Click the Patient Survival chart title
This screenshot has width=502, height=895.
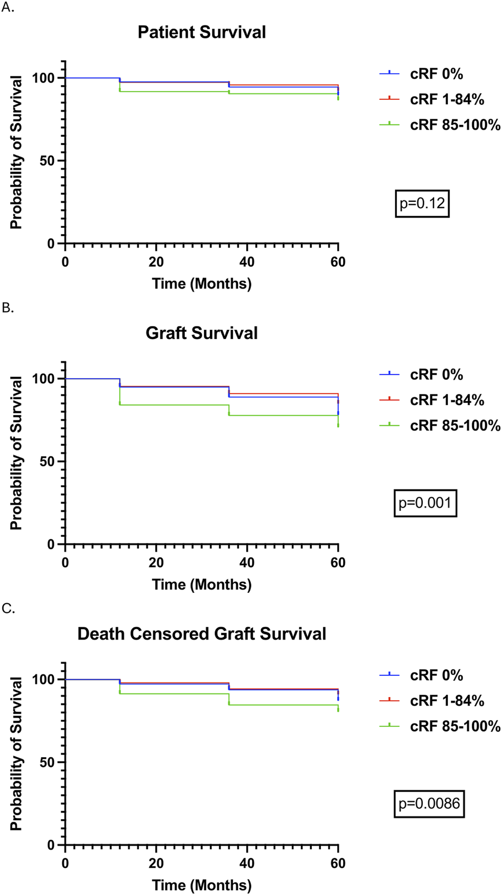tap(202, 32)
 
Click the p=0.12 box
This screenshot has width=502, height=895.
tap(422, 203)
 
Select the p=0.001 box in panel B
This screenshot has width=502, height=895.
tap(425, 503)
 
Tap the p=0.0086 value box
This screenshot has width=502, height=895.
tap(429, 804)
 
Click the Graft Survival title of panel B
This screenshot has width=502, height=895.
tap(202, 333)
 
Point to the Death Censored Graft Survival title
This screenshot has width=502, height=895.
tap(202, 634)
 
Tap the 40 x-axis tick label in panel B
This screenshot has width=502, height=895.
tap(247, 562)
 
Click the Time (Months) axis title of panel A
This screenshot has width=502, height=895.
tap(202, 284)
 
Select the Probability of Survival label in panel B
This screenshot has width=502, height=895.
tap(16, 453)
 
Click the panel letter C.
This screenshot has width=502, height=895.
tap(8, 609)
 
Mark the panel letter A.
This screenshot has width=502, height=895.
tap(8, 9)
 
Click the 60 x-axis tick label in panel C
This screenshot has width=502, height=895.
tap(338, 863)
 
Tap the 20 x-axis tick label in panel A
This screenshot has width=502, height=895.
tap(156, 262)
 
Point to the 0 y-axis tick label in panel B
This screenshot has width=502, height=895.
tap(51, 545)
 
